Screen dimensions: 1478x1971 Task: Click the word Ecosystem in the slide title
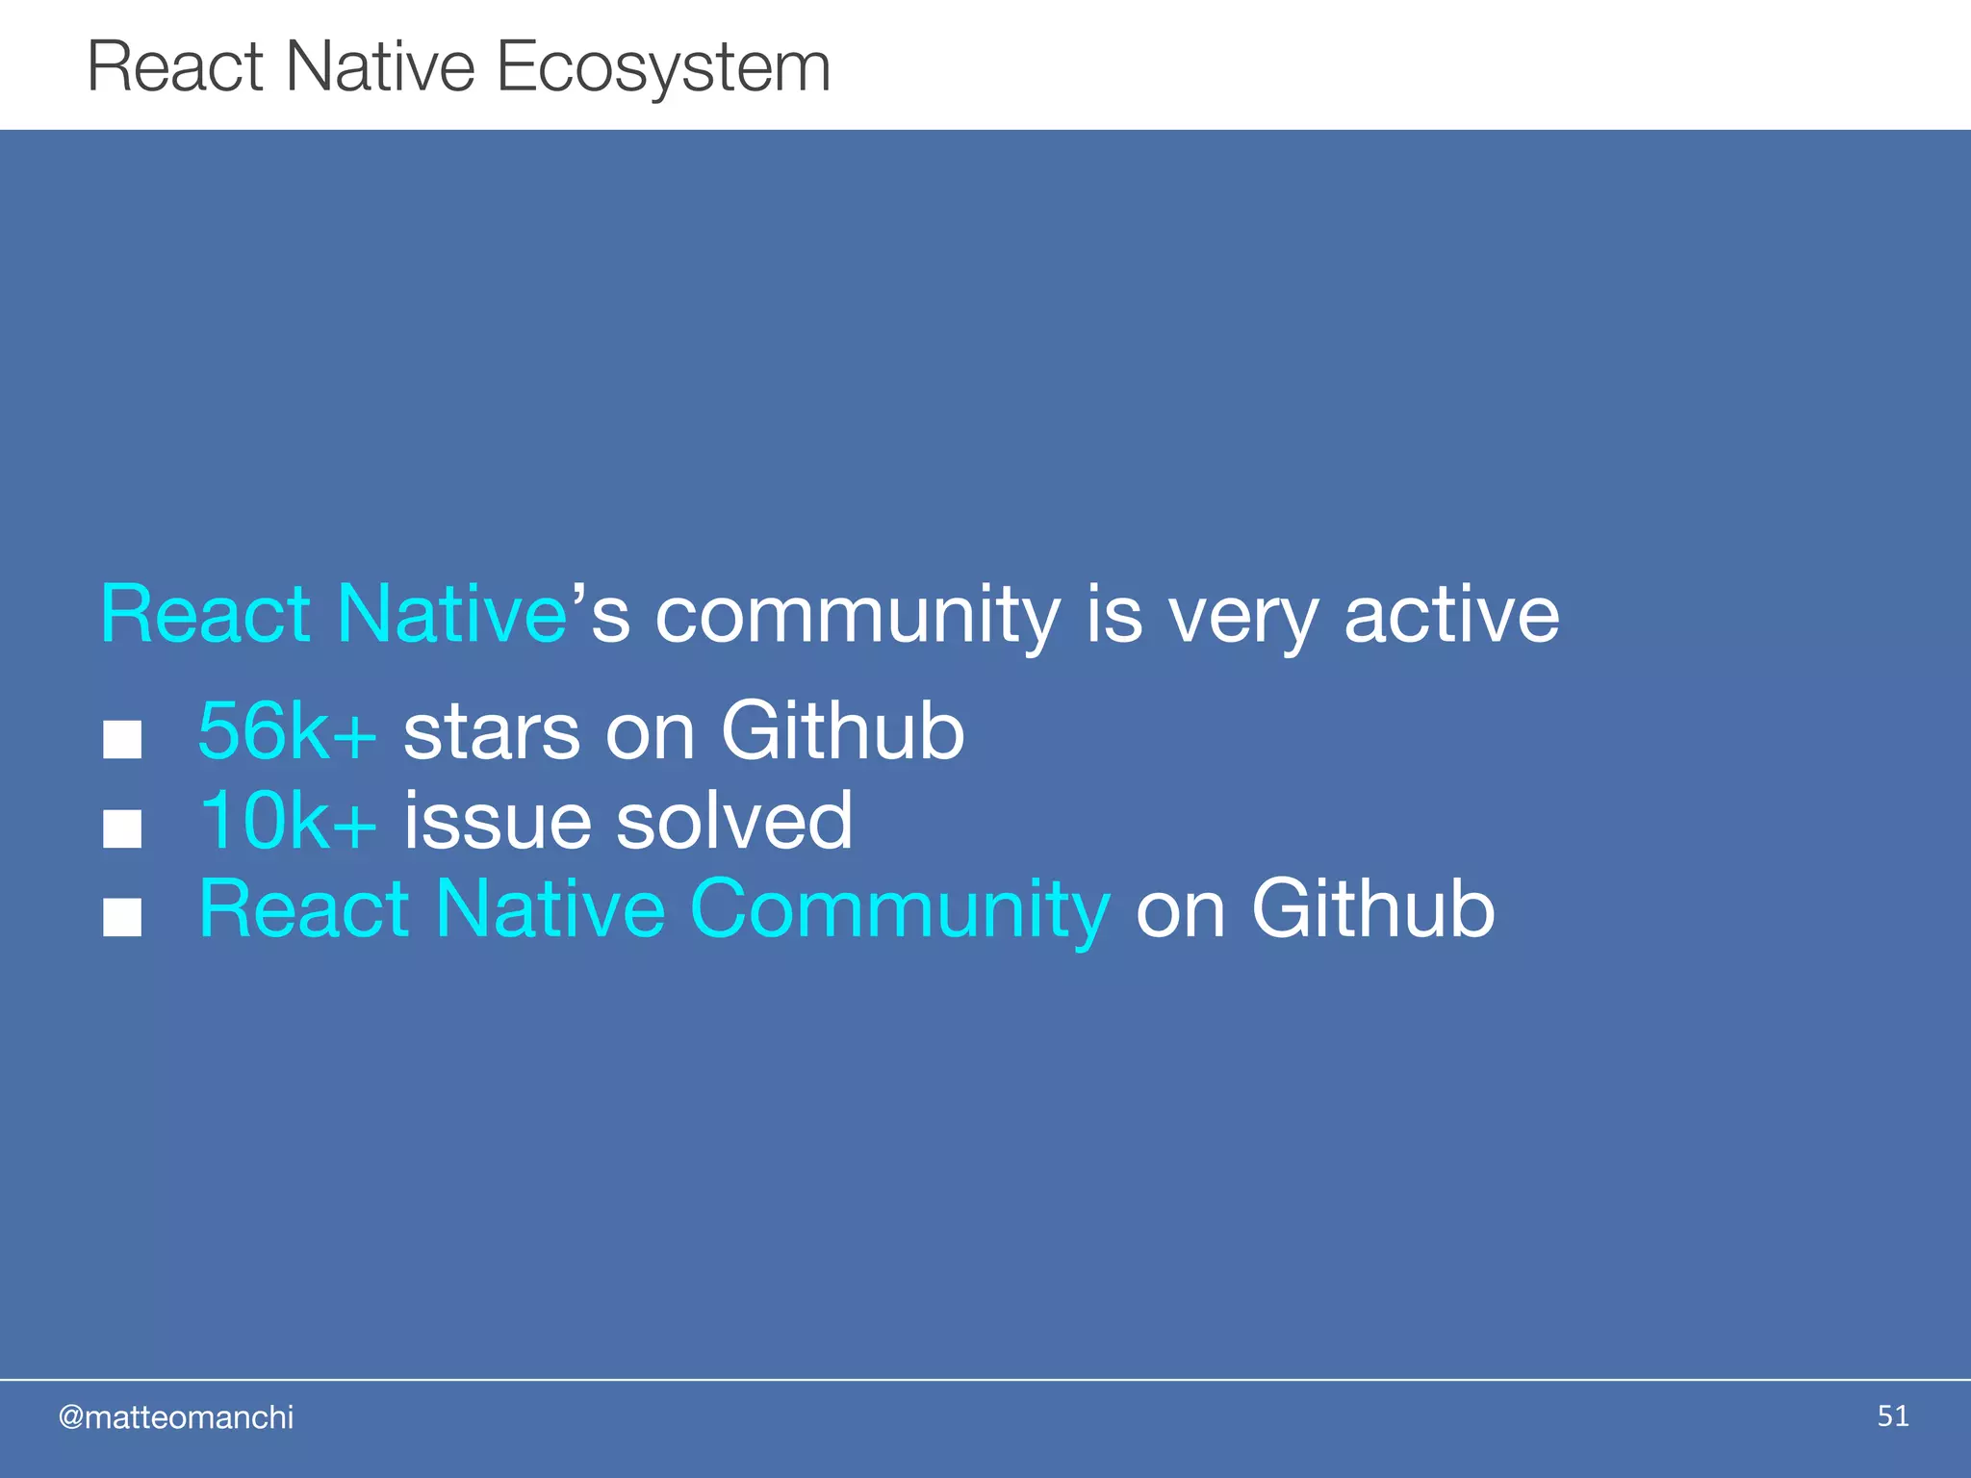click(663, 67)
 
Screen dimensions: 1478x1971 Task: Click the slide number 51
click(1892, 1415)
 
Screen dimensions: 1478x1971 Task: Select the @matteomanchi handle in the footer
click(176, 1417)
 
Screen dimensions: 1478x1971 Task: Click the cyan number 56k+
click(287, 731)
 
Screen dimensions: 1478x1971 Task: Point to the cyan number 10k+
click(287, 820)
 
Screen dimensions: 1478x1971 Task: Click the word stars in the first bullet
click(492, 731)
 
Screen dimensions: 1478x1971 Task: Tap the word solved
click(733, 820)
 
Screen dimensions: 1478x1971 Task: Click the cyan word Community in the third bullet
click(900, 909)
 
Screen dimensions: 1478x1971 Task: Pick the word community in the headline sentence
click(857, 616)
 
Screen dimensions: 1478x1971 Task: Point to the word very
click(1242, 616)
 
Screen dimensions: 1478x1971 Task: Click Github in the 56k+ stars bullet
click(842, 731)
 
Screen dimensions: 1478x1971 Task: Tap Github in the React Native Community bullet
click(1372, 909)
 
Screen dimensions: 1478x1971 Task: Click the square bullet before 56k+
click(122, 740)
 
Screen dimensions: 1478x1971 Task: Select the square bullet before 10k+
click(122, 828)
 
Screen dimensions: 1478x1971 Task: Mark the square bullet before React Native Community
click(122, 917)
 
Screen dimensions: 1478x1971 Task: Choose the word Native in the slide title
click(380, 67)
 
